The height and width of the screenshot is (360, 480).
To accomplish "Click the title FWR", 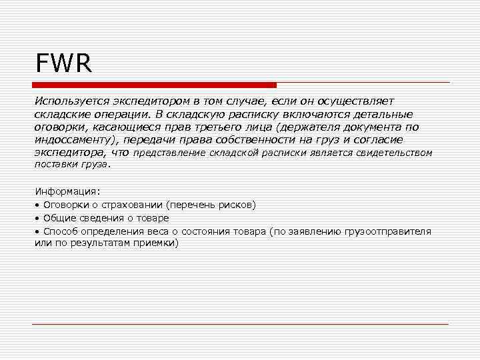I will tap(64, 65).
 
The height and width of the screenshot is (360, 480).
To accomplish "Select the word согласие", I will tap(379, 139).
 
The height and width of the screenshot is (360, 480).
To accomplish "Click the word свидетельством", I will tap(396, 153).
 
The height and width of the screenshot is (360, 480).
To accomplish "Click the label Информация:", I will tap(67, 192).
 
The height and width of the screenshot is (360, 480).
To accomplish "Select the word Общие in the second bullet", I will tap(59, 218).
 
